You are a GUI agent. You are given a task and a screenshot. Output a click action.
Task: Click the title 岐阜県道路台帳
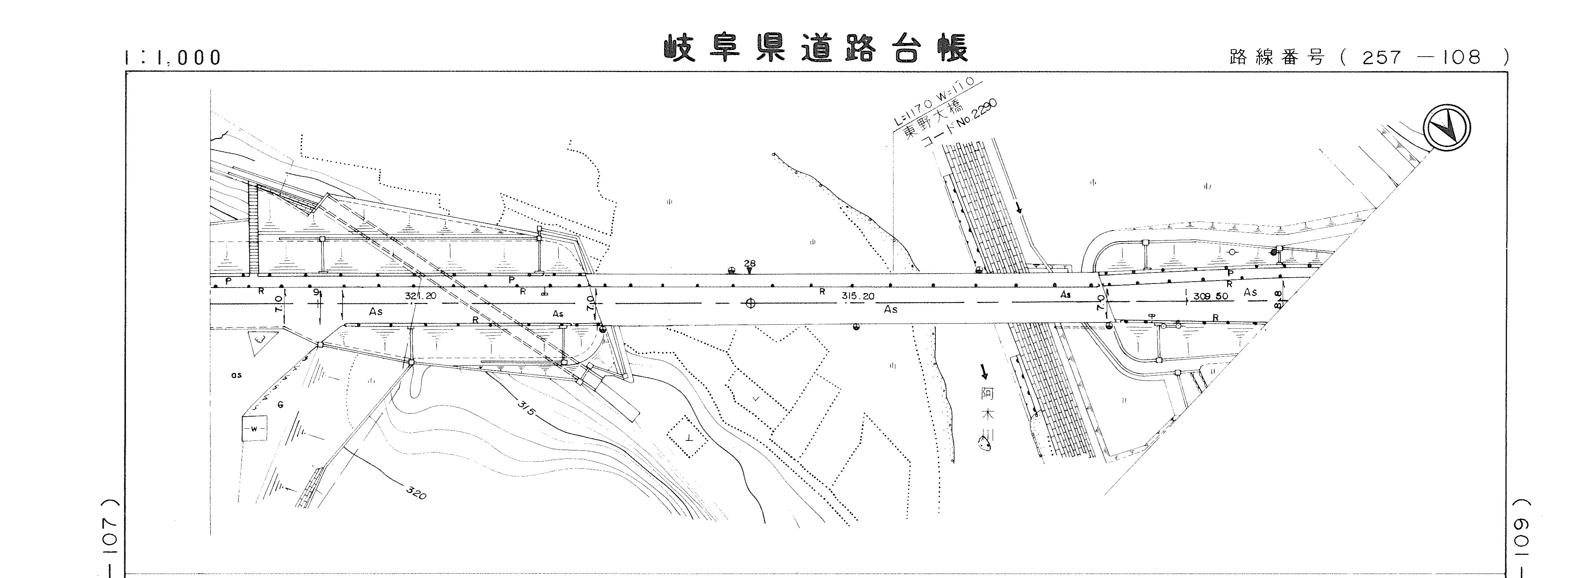pyautogui.click(x=816, y=50)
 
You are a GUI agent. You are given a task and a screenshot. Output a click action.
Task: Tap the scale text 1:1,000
pyautogui.click(x=173, y=58)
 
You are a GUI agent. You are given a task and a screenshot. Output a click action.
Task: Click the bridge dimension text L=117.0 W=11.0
pyautogui.click(x=938, y=101)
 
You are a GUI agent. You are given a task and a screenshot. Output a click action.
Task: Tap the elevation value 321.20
pyautogui.click(x=421, y=296)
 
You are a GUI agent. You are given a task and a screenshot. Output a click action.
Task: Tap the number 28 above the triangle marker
pyautogui.click(x=749, y=264)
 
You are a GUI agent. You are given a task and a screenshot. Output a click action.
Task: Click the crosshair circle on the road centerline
pyautogui.click(x=749, y=303)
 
